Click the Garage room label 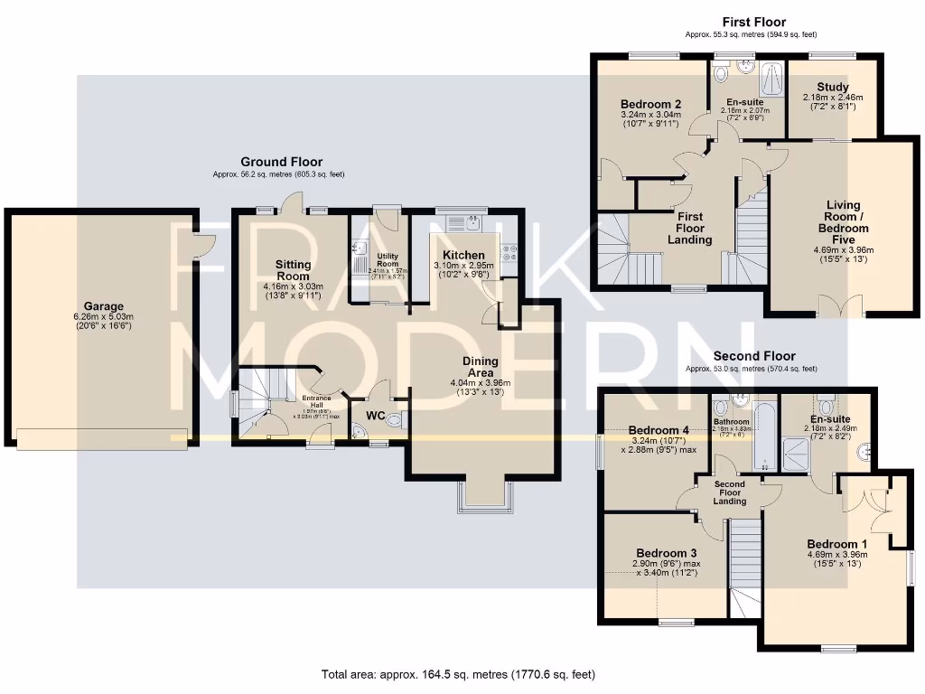coord(104,306)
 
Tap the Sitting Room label coord(293,270)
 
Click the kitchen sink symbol coord(472,221)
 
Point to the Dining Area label coord(480,366)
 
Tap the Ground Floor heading coord(281,162)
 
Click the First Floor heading coord(753,22)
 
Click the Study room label coord(832,88)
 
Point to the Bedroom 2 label coord(650,104)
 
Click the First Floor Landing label coord(690,228)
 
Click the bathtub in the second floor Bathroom coord(764,438)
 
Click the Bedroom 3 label coord(666,552)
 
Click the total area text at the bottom coord(458,674)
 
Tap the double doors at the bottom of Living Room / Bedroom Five coord(839,306)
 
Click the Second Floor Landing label coord(730,492)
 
